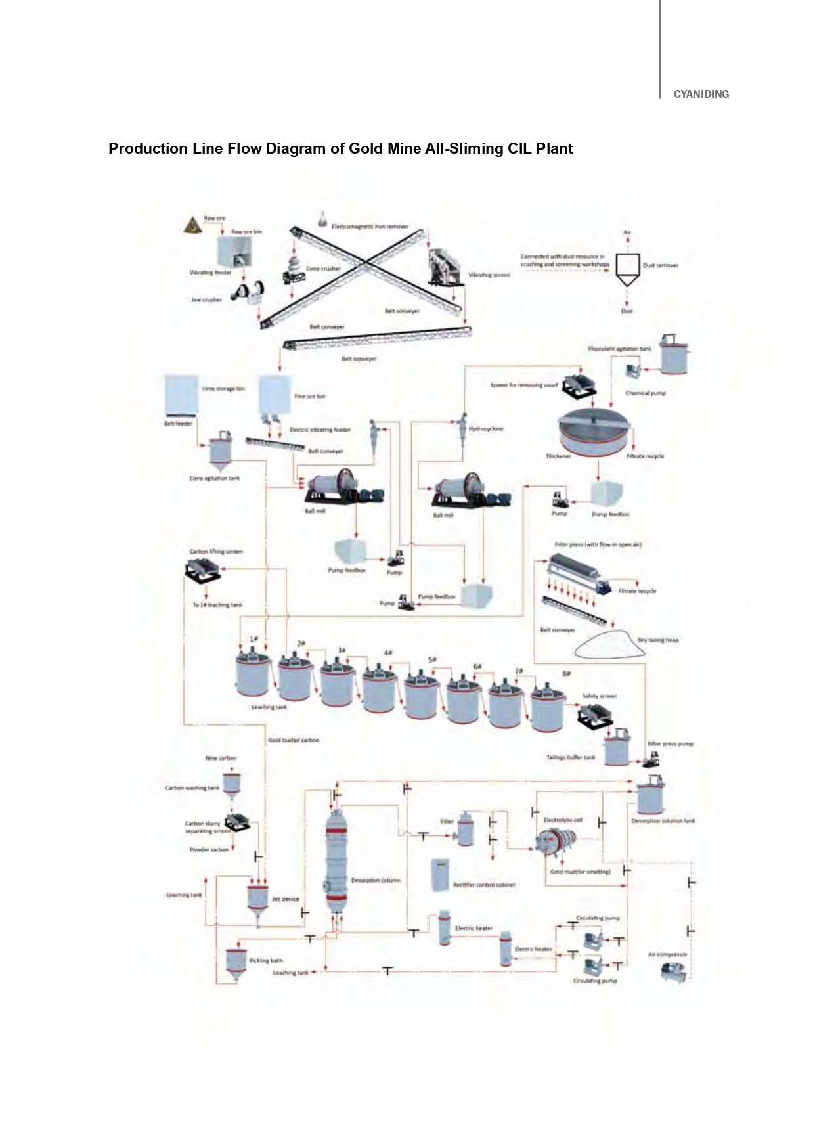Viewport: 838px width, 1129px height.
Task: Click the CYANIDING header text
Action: point(701,94)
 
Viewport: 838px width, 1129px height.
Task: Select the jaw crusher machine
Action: point(249,293)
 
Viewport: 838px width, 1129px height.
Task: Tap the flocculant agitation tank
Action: point(674,355)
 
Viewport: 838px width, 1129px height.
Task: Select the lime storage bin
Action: point(181,395)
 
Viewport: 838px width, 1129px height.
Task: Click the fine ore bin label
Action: point(309,396)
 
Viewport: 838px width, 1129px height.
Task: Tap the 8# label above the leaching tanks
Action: point(566,674)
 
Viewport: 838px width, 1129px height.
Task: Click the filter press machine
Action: point(579,571)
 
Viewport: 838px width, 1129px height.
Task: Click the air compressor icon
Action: point(674,971)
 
